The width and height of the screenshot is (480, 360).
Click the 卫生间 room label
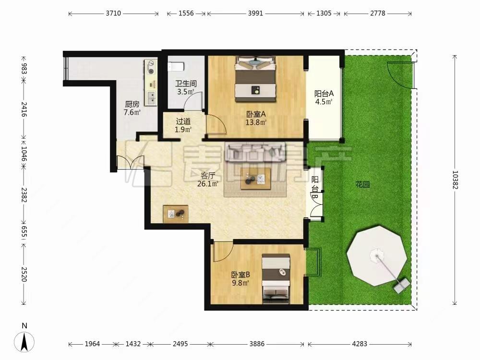coord(186,84)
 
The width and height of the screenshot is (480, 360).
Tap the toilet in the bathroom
coord(176,66)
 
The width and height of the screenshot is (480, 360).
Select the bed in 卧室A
coord(256,79)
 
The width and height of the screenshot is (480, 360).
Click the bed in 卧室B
coord(276,278)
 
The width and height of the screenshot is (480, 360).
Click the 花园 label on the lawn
coord(363,184)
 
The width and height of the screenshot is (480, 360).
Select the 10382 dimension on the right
coord(455,180)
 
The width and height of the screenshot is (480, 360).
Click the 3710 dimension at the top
coord(113,13)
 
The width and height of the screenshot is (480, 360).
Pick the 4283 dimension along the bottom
coord(360,344)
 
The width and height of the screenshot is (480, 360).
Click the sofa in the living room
coord(255,152)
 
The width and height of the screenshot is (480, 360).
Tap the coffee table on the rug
coord(256,179)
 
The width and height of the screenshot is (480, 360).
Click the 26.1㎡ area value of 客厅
coord(208,184)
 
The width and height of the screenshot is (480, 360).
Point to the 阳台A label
coord(324,94)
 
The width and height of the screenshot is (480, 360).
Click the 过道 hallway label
coord(183,121)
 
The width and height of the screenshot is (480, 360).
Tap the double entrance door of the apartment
coord(130,162)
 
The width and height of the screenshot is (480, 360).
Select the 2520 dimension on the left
coord(24,274)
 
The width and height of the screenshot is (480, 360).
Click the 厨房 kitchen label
coord(132,104)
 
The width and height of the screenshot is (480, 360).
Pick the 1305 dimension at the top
coord(324,13)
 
